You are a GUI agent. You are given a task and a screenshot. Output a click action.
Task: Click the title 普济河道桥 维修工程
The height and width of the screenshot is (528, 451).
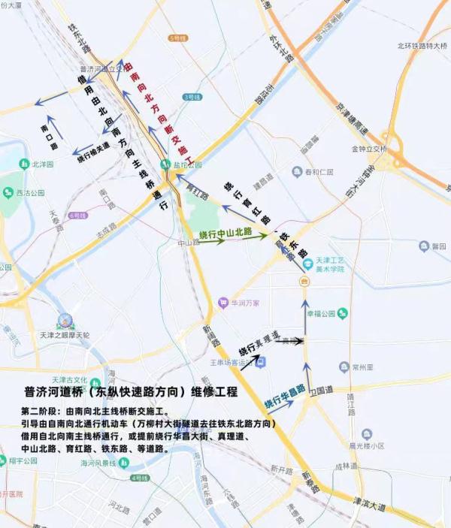[130, 393]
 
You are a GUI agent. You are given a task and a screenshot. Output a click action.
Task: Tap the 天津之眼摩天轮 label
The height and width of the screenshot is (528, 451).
[65, 335]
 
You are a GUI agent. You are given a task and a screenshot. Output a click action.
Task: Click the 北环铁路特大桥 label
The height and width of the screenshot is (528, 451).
[422, 47]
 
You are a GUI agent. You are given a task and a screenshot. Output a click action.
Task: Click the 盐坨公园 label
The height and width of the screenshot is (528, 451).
[189, 164]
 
